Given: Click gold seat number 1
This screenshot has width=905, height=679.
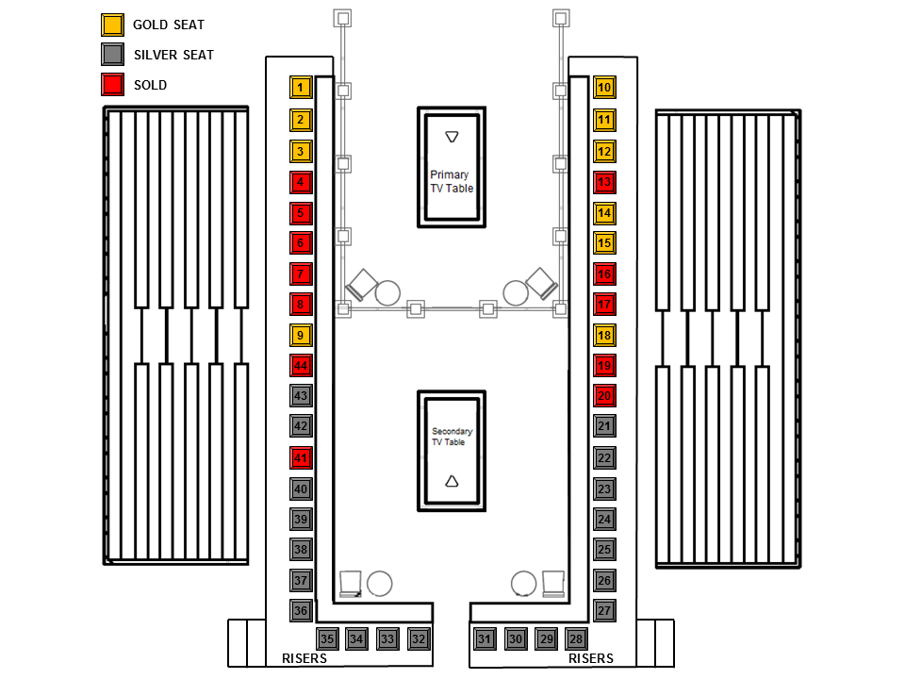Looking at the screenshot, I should point(301,88).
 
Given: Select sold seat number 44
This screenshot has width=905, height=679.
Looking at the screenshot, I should point(301,366).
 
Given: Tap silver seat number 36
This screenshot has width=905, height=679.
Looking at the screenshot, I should point(301,611).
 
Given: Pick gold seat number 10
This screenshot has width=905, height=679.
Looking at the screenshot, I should point(604,88).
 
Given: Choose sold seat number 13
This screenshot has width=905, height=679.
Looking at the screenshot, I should point(604,182).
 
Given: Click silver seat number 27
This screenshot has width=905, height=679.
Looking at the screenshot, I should point(604,610).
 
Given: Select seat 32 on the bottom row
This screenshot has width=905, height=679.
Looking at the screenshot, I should point(419,639).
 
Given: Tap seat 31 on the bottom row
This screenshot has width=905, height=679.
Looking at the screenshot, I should point(485,639).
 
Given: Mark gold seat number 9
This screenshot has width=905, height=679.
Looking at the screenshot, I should point(301,335).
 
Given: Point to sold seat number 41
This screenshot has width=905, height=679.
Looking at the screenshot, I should point(301,458).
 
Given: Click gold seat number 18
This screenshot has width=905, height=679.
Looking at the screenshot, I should point(604,336).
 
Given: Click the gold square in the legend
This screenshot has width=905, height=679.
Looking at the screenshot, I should point(112,25).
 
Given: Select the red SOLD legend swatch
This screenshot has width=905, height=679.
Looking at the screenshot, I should point(112,85).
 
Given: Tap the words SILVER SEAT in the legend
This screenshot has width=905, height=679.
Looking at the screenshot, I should point(173,55).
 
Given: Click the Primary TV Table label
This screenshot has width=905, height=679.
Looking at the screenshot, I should point(452,181).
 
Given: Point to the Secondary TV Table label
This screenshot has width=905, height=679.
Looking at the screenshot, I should point(452,437).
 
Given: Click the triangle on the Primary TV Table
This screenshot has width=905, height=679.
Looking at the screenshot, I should point(452,138).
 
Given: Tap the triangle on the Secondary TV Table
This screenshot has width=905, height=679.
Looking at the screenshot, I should point(452,481).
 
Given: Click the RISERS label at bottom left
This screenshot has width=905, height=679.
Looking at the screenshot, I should point(304,658).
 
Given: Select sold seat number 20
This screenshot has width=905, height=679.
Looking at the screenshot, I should point(604,397).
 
